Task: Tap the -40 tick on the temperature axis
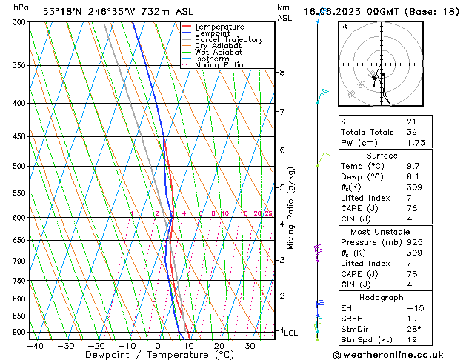pos(34,345)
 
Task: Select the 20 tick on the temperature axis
pos(219,345)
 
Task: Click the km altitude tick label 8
pos(282,73)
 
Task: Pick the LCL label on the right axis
pos(290,333)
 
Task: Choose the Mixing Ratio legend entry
pos(223,65)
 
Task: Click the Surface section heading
pos(382,156)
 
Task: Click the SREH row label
pos(353,317)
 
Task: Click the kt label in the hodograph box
pos(344,26)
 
